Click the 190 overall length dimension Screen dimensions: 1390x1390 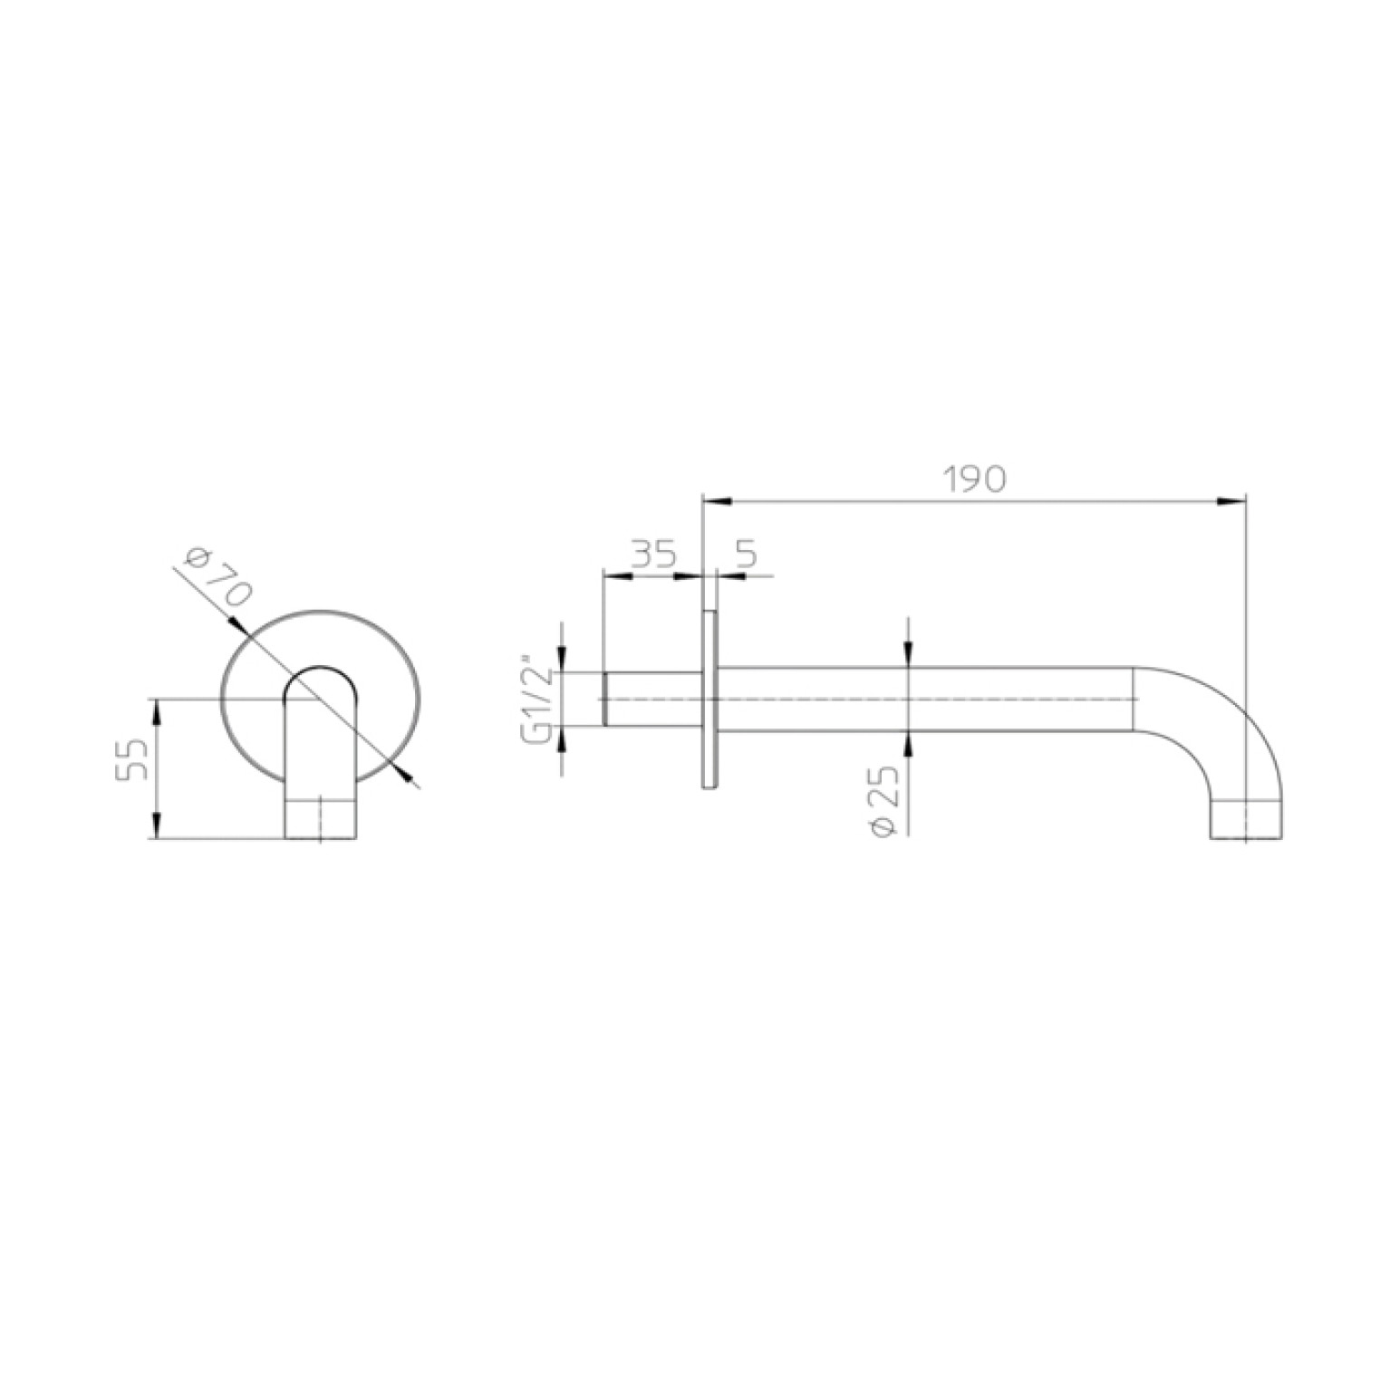(x=974, y=479)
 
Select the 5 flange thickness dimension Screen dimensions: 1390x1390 (x=748, y=554)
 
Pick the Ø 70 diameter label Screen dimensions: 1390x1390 (x=216, y=577)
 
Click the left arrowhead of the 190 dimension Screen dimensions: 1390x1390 (x=716, y=500)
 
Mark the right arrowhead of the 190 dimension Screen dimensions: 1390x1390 (x=1233, y=500)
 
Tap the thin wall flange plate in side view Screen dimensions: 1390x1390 (x=710, y=699)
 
